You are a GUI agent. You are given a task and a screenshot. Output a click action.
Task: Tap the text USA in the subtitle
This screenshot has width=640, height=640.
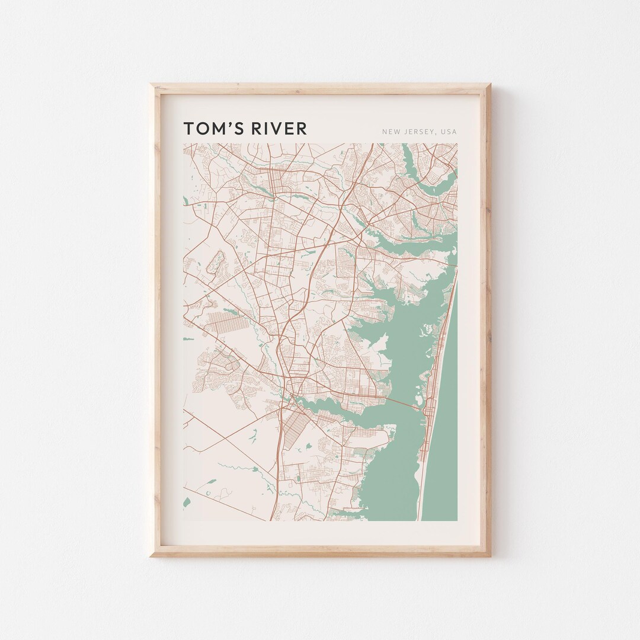click(x=449, y=132)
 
